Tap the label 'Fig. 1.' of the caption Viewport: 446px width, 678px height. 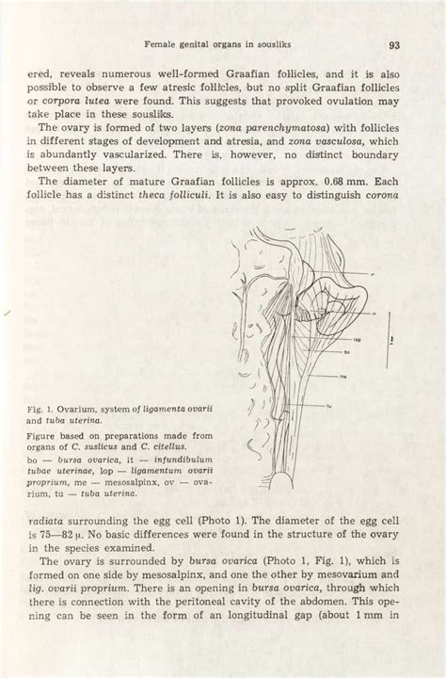point(42,410)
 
